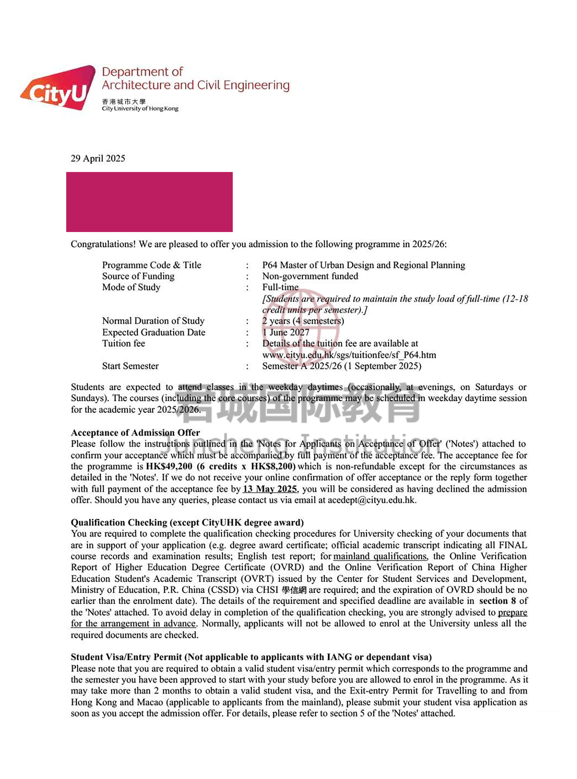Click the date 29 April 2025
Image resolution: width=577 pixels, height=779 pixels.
pos(98,159)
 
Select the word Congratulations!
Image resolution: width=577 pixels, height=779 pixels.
pos(103,244)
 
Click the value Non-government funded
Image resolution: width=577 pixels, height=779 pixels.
pos(310,276)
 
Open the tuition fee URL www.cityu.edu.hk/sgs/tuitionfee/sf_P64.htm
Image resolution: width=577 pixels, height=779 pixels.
pos(349,355)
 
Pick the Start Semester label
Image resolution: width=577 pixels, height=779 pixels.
pos(130,366)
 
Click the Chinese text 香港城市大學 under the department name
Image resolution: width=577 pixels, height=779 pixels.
pos(124,102)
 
